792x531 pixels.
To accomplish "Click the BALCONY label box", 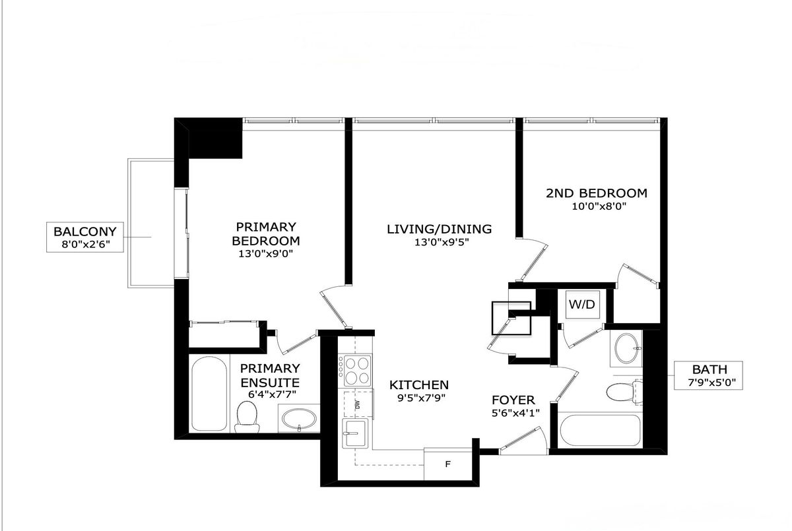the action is coord(85,237).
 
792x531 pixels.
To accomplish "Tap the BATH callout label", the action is coord(708,375).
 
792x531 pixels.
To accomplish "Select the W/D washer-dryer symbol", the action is coord(582,304).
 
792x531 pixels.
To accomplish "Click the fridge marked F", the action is coord(447,464).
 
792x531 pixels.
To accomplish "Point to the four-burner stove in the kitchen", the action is coord(354,371).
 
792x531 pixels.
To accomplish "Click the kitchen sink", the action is coord(354,434).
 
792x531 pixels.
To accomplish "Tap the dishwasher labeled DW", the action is coord(358,405).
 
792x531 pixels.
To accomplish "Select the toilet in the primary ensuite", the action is coord(247,417).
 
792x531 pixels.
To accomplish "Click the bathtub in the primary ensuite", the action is coord(209,394).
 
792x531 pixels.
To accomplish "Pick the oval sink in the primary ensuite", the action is coord(299,419).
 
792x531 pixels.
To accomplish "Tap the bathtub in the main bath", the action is coord(600,430).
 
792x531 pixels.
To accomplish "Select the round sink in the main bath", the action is coord(626,348).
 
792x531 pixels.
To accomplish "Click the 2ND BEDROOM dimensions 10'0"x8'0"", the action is coord(599,206).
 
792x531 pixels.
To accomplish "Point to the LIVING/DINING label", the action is coord(439,229).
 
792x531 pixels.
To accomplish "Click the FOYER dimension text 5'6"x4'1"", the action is coord(515,413).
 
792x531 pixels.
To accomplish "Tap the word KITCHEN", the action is coord(419,385).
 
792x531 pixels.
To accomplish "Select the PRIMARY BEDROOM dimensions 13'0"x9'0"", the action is coord(266,254).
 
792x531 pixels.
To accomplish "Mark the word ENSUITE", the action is coord(270,383).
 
